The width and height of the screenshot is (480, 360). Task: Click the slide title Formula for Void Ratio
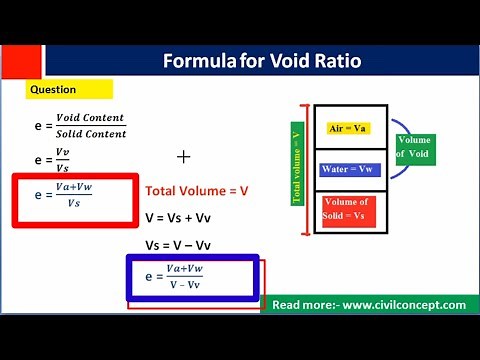click(261, 62)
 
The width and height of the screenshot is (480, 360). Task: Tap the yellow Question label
click(53, 89)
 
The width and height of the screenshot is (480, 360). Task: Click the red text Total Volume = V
click(197, 190)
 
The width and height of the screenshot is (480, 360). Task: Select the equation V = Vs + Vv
click(186, 216)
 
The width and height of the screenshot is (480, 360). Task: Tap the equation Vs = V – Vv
click(185, 245)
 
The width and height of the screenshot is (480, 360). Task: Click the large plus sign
click(183, 157)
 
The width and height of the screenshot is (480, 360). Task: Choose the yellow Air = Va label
click(349, 129)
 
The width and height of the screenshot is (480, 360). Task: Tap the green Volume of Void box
click(413, 147)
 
